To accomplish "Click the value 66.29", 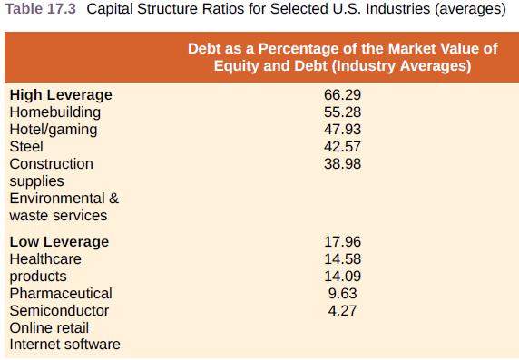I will (342, 95).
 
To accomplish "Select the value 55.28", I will (342, 112).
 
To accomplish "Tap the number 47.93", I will (342, 130).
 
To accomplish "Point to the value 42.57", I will (342, 147).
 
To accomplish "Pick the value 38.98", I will (342, 164).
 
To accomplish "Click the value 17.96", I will (342, 242).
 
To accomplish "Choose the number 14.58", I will (342, 259).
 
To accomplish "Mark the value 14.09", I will (342, 277).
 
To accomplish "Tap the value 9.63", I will (342, 294).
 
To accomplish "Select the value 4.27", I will (342, 311).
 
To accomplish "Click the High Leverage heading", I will (61, 95).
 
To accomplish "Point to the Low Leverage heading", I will (59, 242).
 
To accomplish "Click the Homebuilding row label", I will (54, 112).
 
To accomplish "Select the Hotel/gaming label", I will (53, 130).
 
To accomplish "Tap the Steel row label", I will (26, 147).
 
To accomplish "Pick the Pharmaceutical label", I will (61, 294).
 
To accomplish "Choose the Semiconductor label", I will (59, 311).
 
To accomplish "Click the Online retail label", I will (49, 328).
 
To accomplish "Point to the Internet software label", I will (64, 345).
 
